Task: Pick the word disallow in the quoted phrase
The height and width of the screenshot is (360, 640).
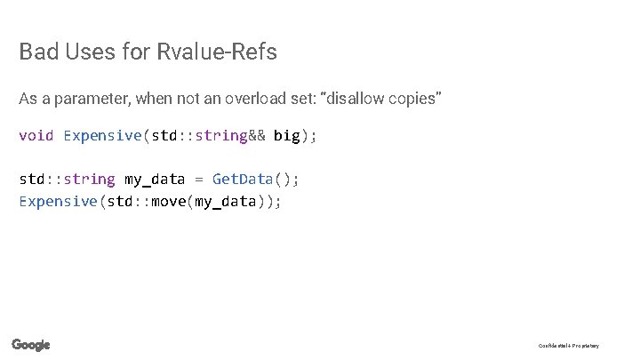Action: pos(357,98)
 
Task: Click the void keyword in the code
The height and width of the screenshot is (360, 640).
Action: pos(36,136)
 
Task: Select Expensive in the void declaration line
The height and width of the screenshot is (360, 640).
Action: pos(102,136)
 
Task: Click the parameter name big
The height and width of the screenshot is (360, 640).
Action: pos(286,136)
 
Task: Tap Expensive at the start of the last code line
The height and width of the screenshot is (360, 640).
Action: pos(59,202)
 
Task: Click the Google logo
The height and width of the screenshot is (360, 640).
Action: pos(31,345)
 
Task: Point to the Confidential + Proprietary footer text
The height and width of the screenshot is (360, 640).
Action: pos(569,346)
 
